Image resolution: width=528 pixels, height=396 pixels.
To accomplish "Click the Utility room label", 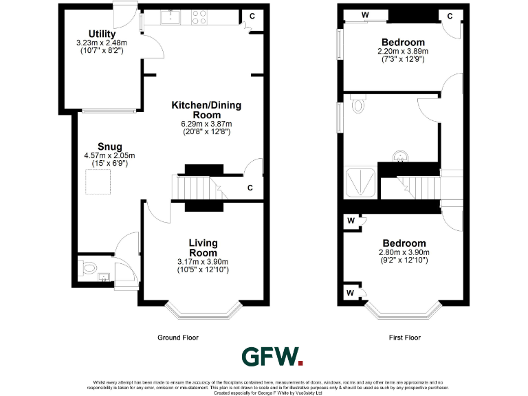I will (x=102, y=34).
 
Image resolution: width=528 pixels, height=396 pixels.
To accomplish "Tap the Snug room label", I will (x=110, y=146).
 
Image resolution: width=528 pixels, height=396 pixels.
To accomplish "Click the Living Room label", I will (x=203, y=247).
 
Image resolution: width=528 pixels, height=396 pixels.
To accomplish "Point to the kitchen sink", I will (x=170, y=17).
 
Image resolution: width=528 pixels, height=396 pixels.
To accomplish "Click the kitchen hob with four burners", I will (x=199, y=17).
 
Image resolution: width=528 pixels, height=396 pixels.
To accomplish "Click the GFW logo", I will (x=272, y=356).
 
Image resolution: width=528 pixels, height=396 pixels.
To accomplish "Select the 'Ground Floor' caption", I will (x=178, y=338).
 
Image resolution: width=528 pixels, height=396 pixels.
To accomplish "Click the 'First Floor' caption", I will (x=404, y=338).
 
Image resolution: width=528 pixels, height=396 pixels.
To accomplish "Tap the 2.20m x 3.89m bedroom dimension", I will (x=403, y=52).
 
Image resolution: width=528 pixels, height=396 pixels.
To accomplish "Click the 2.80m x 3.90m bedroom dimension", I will (x=404, y=253).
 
